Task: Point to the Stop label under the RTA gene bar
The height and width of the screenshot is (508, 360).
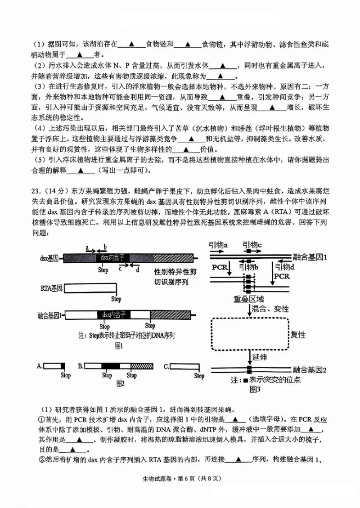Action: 116,299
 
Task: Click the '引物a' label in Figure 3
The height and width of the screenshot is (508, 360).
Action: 218,246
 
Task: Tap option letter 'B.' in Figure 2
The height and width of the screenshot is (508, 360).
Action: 81,367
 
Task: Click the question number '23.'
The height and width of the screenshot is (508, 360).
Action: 37,189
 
